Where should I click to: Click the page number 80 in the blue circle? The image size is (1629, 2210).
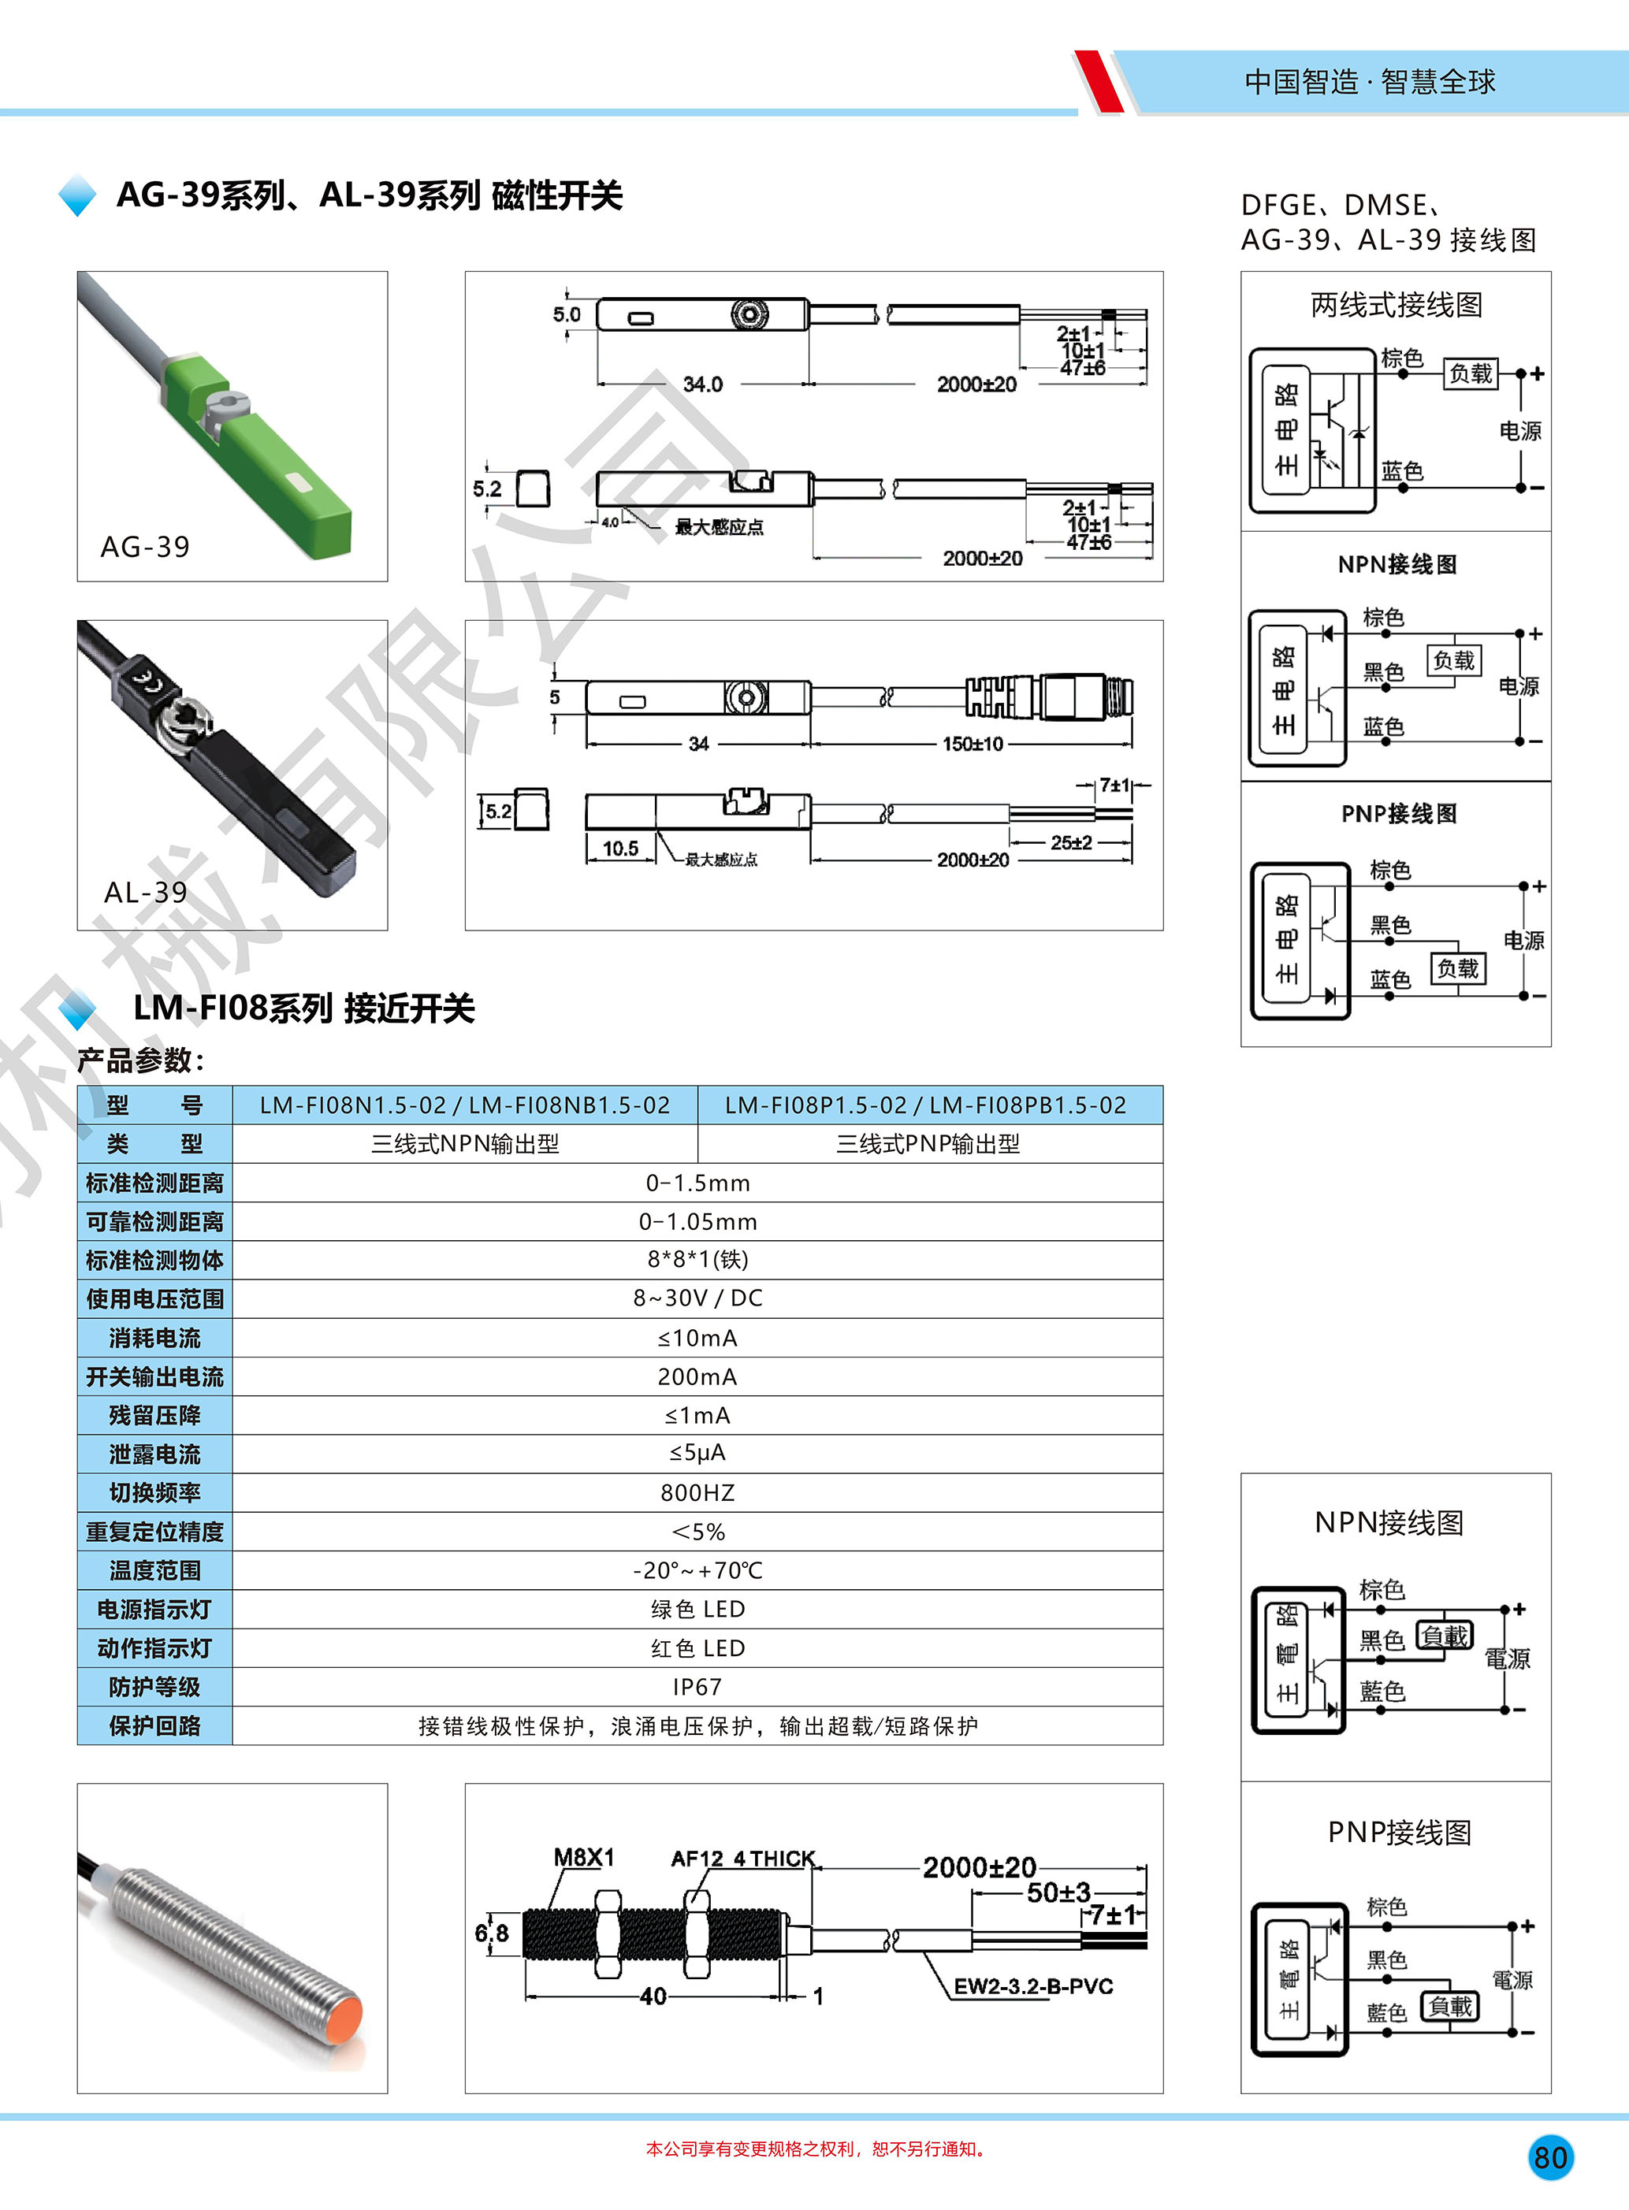[x=1550, y=2158]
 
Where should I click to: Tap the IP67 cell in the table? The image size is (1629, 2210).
[x=697, y=1687]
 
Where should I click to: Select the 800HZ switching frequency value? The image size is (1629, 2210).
[x=697, y=1492]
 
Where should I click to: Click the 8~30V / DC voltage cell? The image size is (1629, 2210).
[x=697, y=1298]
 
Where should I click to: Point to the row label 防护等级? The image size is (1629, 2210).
[x=154, y=1687]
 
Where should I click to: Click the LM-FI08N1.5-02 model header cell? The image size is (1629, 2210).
[x=464, y=1105]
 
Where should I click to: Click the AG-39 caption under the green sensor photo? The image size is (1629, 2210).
[x=145, y=547]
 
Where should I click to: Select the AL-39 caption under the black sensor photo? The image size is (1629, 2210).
[x=146, y=892]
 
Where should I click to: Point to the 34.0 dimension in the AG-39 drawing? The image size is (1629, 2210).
[x=702, y=384]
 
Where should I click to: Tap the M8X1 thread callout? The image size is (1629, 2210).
[x=584, y=1858]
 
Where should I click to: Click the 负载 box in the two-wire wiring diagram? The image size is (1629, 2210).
[x=1471, y=373]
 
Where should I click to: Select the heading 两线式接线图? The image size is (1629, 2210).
[x=1397, y=306]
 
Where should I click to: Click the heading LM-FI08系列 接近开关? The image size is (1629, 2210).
[x=303, y=1008]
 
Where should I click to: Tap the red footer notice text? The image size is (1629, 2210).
[x=816, y=2149]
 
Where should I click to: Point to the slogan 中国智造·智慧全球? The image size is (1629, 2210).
[x=1370, y=82]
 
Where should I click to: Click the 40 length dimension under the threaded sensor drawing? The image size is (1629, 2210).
[x=653, y=1996]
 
